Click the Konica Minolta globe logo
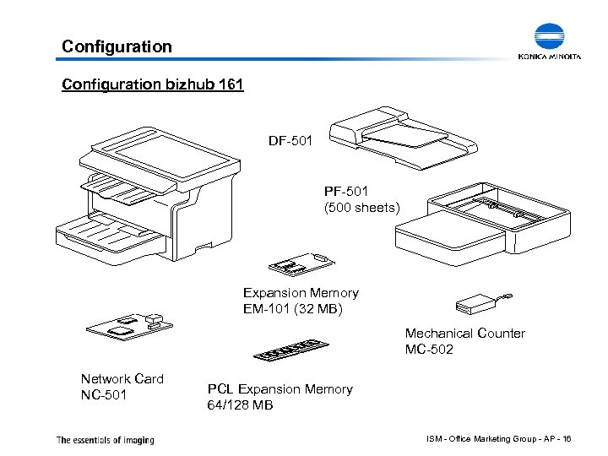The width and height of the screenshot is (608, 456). tap(556, 37)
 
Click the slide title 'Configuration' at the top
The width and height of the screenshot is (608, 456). tap(117, 46)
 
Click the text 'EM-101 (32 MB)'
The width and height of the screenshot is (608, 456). tap(288, 308)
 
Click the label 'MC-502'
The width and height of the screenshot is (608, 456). tap(429, 349)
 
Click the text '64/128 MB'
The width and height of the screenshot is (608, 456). tap(241, 405)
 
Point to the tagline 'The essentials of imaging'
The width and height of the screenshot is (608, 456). tap(106, 439)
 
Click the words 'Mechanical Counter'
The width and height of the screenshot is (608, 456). tap(464, 334)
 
